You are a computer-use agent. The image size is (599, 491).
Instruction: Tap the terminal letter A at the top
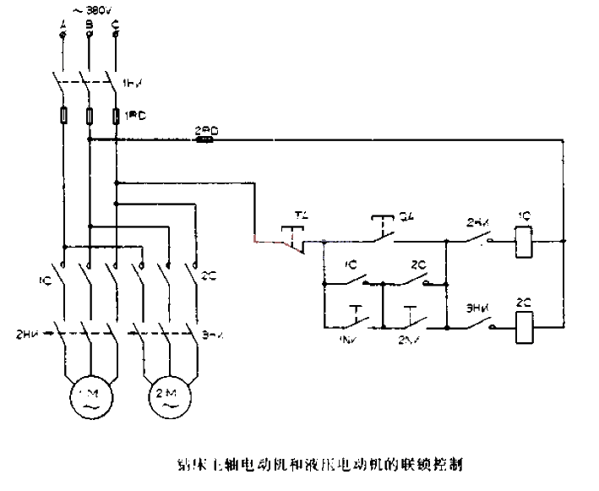[x=63, y=25]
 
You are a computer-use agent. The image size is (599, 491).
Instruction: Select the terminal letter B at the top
[x=89, y=25]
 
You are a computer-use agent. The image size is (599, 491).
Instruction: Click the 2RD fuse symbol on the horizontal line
[x=204, y=140]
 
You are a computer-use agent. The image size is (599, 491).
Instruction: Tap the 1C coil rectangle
[x=524, y=242]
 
